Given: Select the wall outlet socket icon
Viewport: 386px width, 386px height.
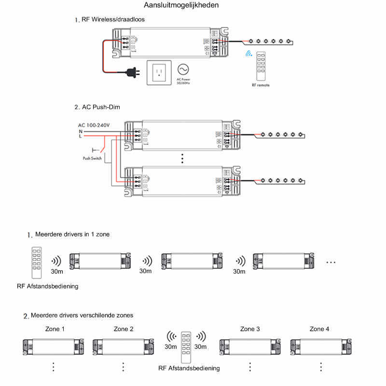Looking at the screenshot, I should coord(158,73).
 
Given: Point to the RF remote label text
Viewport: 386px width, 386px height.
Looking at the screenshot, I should coord(261,85).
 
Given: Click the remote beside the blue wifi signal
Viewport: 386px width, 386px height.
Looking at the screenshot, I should coord(261,65).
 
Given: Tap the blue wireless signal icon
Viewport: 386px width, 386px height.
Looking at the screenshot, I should coord(249,54).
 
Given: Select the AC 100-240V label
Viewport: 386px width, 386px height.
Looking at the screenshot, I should coord(94,125).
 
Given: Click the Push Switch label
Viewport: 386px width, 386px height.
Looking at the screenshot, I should coord(92,158).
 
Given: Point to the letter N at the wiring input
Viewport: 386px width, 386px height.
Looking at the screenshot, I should coord(80,131).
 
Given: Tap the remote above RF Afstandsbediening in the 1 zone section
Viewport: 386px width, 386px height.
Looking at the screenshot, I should coord(37,262).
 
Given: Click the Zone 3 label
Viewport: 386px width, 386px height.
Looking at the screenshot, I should coord(250,329).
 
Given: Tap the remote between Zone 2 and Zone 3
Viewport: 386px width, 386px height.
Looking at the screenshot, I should coord(186,346).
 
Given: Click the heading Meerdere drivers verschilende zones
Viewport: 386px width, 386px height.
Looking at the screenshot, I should coord(81,316).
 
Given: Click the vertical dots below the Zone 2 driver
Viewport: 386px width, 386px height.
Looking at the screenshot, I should coord(123,367).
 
